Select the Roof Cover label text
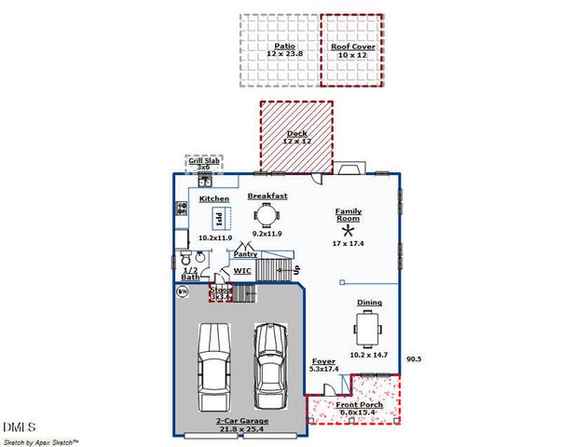[352, 46]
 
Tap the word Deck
[296, 134]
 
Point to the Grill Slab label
[203, 161]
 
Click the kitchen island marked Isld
[219, 220]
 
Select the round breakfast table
[267, 215]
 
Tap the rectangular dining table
[366, 328]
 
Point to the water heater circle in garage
[183, 291]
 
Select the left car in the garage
[213, 366]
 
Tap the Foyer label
[322, 361]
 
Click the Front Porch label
[358, 404]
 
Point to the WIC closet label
[242, 271]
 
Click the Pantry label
[245, 253]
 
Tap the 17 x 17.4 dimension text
[349, 243]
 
